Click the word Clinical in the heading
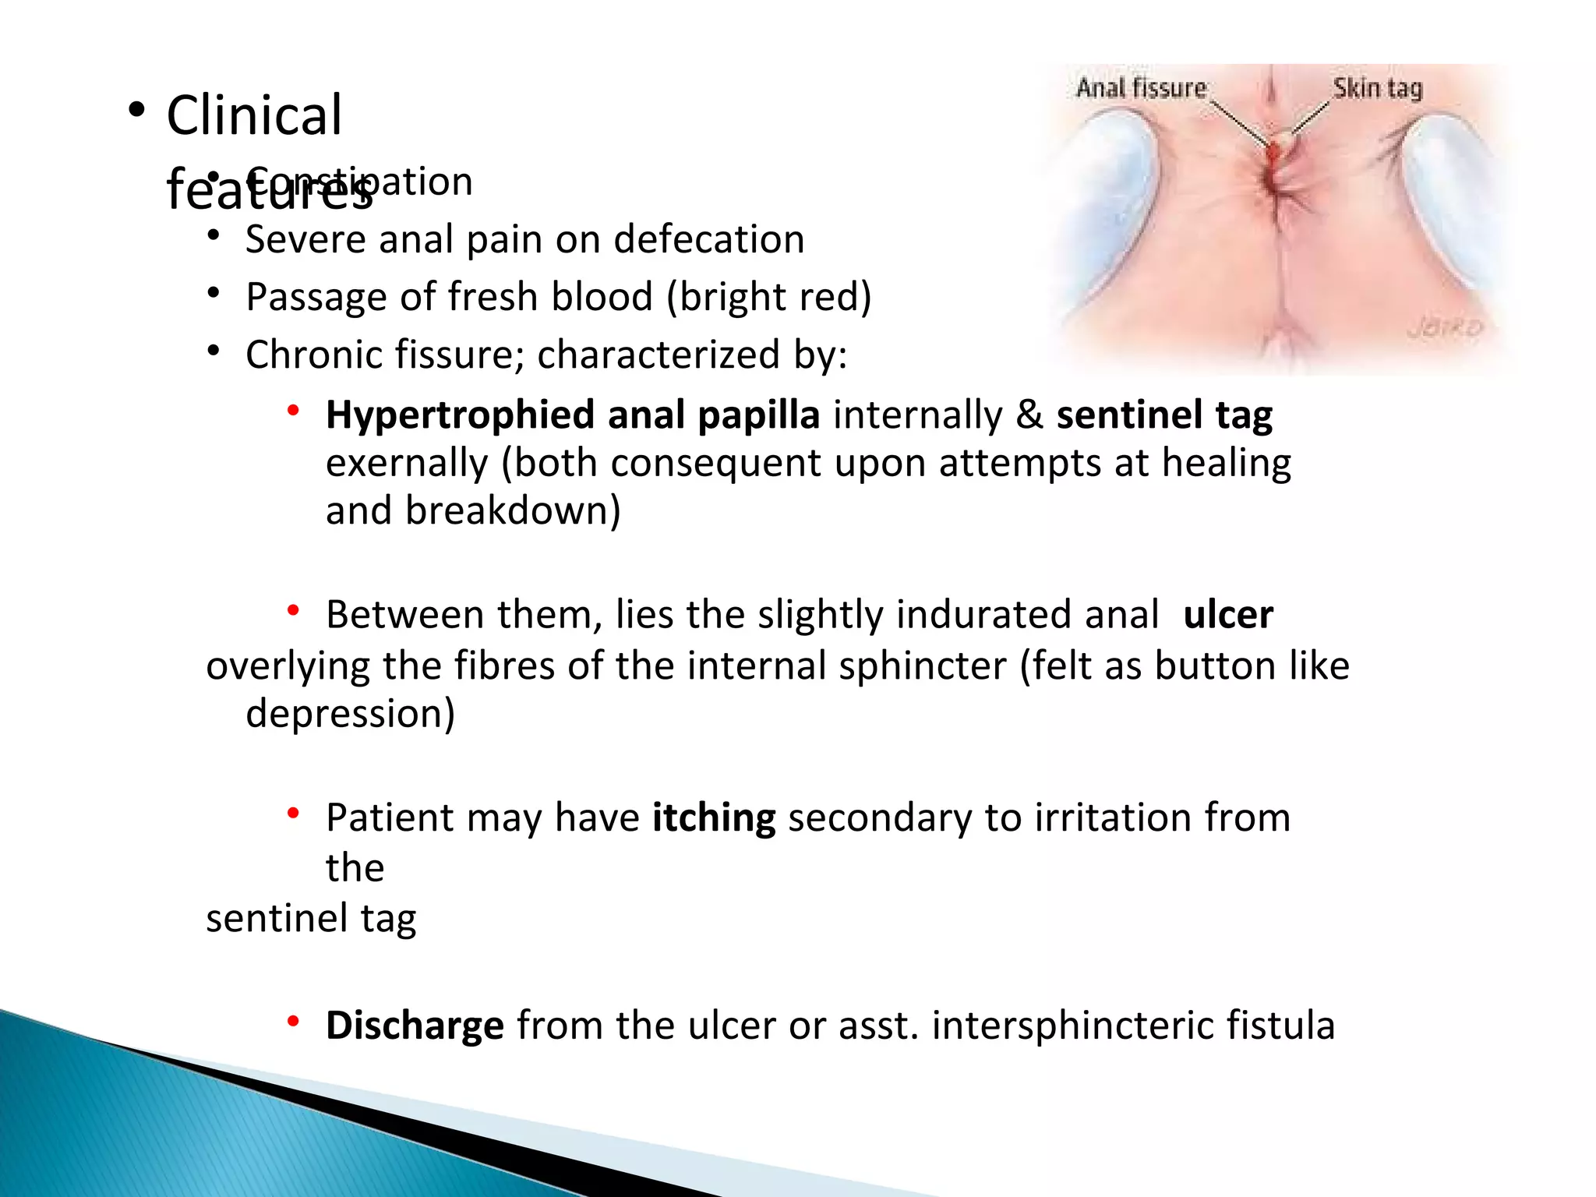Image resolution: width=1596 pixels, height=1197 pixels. [x=254, y=115]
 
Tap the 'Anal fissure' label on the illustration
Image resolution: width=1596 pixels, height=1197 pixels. [x=1141, y=88]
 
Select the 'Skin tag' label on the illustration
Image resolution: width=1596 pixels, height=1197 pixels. [x=1377, y=89]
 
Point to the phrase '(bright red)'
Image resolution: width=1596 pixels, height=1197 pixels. [x=768, y=297]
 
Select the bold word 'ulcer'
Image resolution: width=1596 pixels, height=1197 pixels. [x=1227, y=615]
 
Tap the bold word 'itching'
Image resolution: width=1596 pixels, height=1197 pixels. [x=713, y=818]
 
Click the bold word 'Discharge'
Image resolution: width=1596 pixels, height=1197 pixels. [x=415, y=1026]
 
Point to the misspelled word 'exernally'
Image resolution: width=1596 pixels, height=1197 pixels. [x=406, y=464]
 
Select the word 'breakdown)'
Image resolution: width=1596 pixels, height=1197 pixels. [x=512, y=511]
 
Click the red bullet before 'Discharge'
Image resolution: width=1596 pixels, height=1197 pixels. [x=293, y=1022]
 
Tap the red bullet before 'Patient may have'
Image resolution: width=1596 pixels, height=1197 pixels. [x=293, y=814]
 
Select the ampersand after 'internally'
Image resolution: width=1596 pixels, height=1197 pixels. [x=1029, y=415]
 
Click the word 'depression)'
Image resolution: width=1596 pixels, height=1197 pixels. [x=350, y=714]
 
